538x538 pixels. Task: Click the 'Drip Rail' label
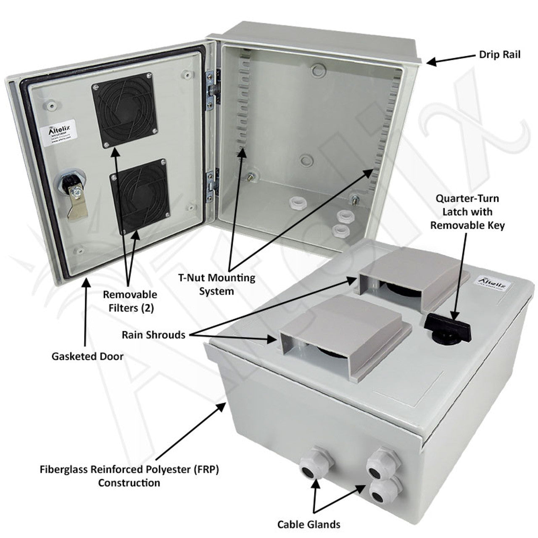click(499, 55)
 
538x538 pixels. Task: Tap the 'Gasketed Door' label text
click(87, 356)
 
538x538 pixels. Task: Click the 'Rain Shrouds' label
click(153, 335)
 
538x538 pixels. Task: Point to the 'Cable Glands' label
click(309, 524)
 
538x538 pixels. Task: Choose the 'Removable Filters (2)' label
click(130, 301)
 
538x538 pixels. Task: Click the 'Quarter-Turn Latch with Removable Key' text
click(467, 212)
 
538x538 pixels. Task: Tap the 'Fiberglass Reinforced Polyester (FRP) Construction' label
click(129, 476)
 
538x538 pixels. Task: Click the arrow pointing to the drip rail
click(448, 60)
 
